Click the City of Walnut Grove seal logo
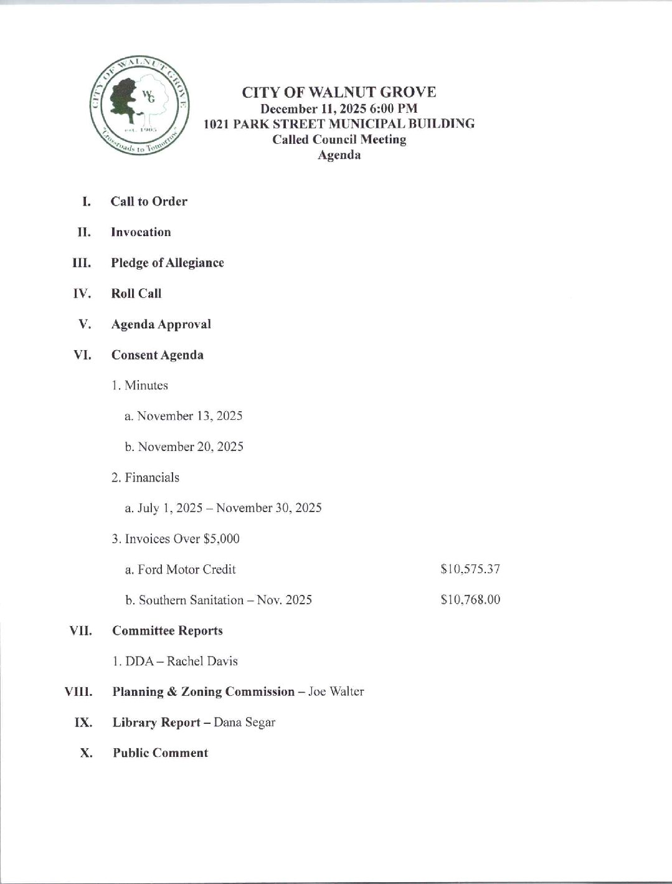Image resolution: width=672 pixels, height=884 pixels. (140, 107)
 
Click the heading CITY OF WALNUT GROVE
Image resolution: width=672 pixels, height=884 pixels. (339, 92)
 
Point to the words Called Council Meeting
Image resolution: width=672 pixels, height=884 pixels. (339, 139)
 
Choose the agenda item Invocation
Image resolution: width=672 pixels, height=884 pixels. (141, 232)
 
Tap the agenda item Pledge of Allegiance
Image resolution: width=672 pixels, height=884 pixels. (167, 262)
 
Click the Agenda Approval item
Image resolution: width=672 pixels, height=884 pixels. (161, 324)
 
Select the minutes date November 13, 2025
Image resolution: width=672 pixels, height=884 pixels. (189, 416)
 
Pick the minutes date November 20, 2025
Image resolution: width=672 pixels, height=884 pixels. (190, 447)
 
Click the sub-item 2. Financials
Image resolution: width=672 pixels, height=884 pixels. (146, 477)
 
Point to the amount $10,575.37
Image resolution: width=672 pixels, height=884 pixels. (470, 569)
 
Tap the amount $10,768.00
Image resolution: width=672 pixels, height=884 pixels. (470, 600)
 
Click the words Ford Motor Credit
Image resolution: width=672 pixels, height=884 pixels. (186, 569)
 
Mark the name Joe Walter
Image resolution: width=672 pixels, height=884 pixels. (336, 692)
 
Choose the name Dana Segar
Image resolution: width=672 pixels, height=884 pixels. (244, 722)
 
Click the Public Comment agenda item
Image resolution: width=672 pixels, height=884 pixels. (160, 753)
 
